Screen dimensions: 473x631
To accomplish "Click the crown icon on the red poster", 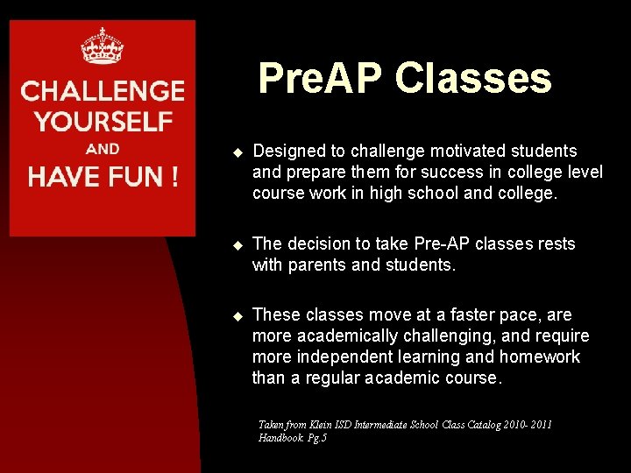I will pos(102,46).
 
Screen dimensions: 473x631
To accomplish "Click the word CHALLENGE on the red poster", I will pos(103,91).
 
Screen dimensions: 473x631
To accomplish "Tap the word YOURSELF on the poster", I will pos(103,121).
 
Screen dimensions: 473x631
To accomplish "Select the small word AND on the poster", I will pos(103,149).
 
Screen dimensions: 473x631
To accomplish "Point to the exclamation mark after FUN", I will pos(174,177).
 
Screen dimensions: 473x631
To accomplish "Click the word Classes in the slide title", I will pos(473,78).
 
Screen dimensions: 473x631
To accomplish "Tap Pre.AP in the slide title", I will pos(321,78).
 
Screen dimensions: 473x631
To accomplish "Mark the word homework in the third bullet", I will pos(540,357).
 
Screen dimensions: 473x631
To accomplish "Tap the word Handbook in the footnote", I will pos(280,437).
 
